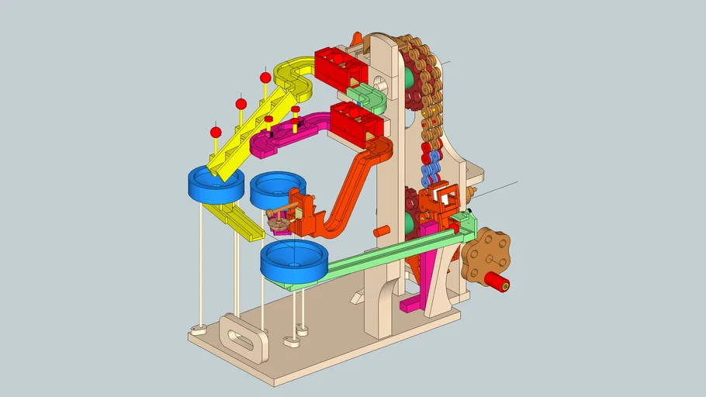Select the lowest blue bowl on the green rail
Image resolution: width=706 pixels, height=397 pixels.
293,261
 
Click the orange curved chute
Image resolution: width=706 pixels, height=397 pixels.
353,186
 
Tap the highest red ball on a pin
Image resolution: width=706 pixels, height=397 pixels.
265,78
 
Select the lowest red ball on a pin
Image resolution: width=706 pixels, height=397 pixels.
216,132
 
